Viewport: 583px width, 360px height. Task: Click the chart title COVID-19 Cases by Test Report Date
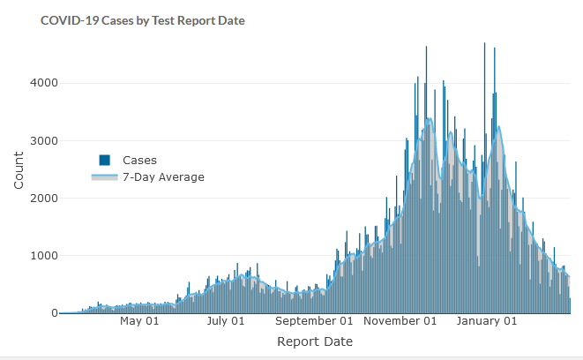(x=142, y=19)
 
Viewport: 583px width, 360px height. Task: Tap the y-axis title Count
(x=19, y=170)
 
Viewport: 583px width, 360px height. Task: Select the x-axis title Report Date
(x=315, y=341)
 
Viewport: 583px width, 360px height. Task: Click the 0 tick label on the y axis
(x=54, y=313)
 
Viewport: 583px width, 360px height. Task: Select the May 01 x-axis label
(x=139, y=321)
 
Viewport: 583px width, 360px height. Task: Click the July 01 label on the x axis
(x=226, y=321)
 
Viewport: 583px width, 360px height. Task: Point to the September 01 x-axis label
(x=314, y=321)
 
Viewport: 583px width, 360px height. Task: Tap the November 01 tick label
(x=400, y=321)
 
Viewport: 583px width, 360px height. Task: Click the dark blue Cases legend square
(x=104, y=160)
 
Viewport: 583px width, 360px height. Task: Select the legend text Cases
(x=139, y=161)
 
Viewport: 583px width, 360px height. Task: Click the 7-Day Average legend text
(x=163, y=177)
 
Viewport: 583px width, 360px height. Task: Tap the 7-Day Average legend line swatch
(x=104, y=177)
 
